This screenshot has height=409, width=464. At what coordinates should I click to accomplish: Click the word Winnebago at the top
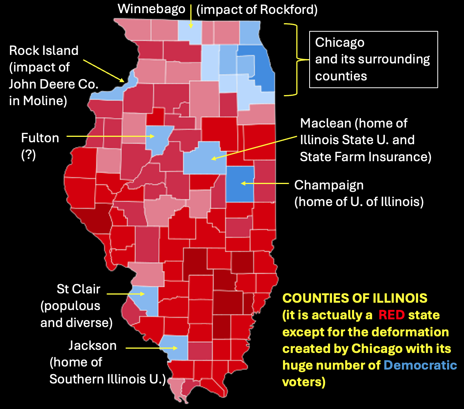click(x=151, y=9)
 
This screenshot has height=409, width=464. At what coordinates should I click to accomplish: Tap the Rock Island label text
click(x=44, y=50)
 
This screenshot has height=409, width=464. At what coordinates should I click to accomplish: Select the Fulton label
click(x=40, y=138)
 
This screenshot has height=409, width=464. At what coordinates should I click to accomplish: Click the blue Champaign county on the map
click(x=240, y=184)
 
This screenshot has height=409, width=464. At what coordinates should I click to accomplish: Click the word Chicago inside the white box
click(x=340, y=42)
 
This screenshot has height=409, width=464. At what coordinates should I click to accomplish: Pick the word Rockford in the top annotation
click(x=288, y=10)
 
